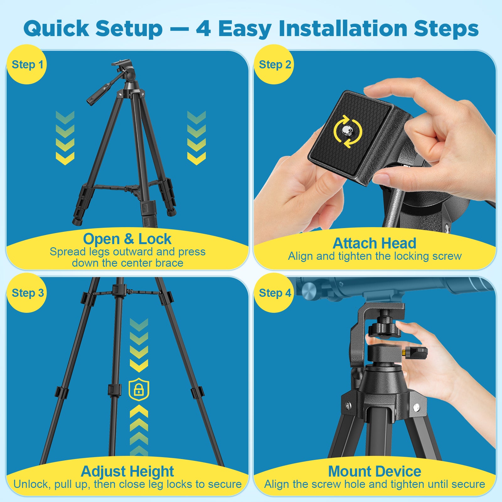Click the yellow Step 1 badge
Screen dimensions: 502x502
(27, 64)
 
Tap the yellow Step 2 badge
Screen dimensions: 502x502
(274, 64)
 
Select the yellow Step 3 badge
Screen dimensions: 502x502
(27, 293)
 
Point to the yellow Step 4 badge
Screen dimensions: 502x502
(274, 293)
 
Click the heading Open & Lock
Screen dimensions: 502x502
(127, 239)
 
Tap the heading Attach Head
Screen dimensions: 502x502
(374, 243)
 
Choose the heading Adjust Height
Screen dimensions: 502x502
(127, 472)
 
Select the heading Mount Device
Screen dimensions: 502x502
(374, 471)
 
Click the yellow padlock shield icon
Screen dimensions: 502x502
(139, 390)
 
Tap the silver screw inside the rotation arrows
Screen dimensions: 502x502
(347, 131)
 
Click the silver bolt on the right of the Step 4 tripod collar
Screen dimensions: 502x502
(416, 408)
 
